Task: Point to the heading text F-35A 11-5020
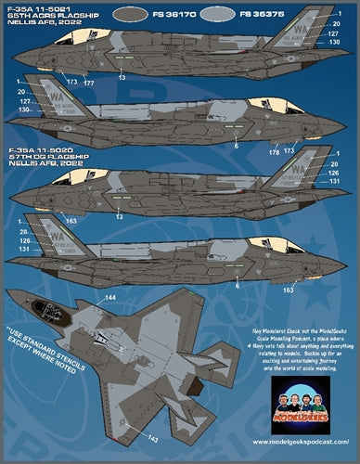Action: point(34,149)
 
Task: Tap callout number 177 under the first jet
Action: point(90,83)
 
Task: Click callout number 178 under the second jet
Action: point(273,150)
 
